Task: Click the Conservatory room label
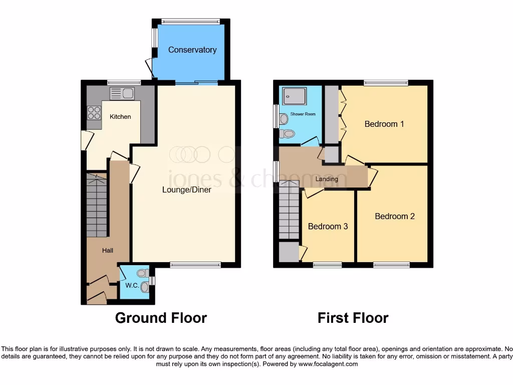(x=192, y=50)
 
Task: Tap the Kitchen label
(x=120, y=117)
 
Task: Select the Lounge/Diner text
(x=186, y=190)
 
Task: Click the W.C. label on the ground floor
(x=132, y=286)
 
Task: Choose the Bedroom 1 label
(x=384, y=124)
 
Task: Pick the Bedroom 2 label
(x=395, y=217)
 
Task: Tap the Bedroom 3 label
(x=328, y=227)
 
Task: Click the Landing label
(x=327, y=179)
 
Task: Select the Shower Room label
(x=303, y=114)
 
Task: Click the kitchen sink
(x=122, y=93)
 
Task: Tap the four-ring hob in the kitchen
(x=94, y=113)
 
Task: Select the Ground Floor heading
(x=161, y=318)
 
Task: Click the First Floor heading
(x=353, y=318)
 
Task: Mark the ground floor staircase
(x=96, y=205)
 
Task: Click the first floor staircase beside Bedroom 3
(x=289, y=211)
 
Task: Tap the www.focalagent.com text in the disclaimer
(x=328, y=364)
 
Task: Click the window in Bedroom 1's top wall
(x=386, y=83)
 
